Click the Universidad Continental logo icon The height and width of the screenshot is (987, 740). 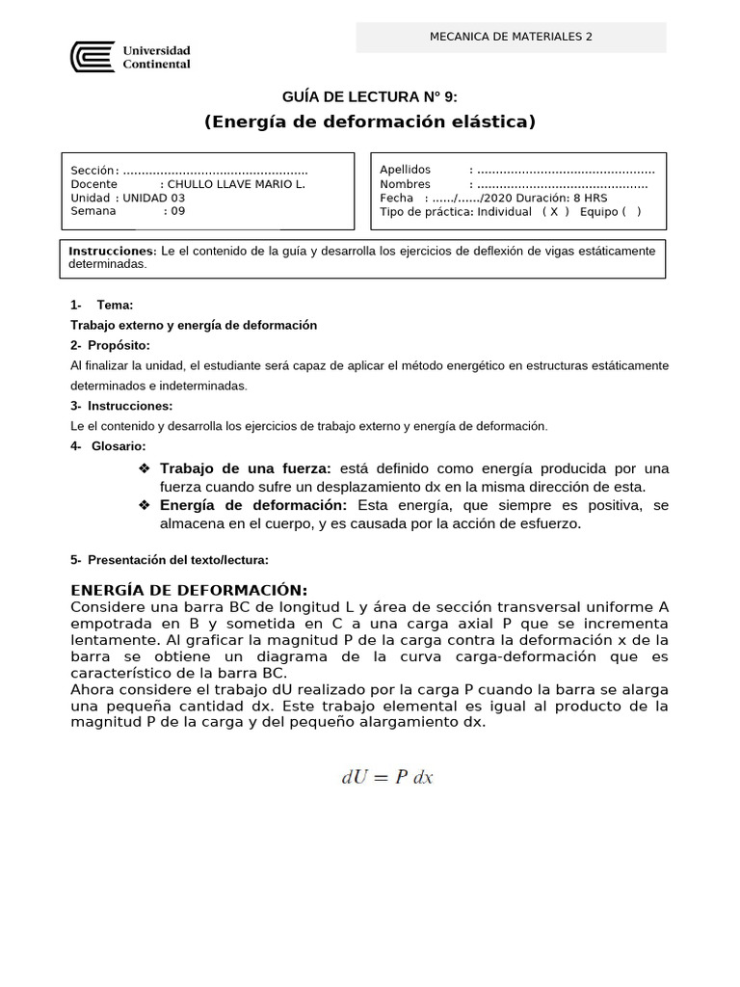pyautogui.click(x=92, y=57)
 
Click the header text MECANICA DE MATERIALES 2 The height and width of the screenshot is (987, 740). pyautogui.click(x=511, y=38)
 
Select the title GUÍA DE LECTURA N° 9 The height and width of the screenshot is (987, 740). pyautogui.click(x=369, y=96)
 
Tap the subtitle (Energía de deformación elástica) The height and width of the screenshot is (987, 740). pyautogui.click(x=369, y=121)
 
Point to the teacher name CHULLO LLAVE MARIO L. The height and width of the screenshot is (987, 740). pyautogui.click(x=236, y=184)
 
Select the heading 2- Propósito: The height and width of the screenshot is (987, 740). pyautogui.click(x=111, y=345)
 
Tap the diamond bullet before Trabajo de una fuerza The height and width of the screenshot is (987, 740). pyautogui.click(x=145, y=467)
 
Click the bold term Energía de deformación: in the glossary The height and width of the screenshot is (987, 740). pyautogui.click(x=253, y=505)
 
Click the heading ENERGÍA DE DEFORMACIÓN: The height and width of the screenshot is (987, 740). pyautogui.click(x=190, y=590)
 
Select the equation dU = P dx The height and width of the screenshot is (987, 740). pyautogui.click(x=388, y=777)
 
